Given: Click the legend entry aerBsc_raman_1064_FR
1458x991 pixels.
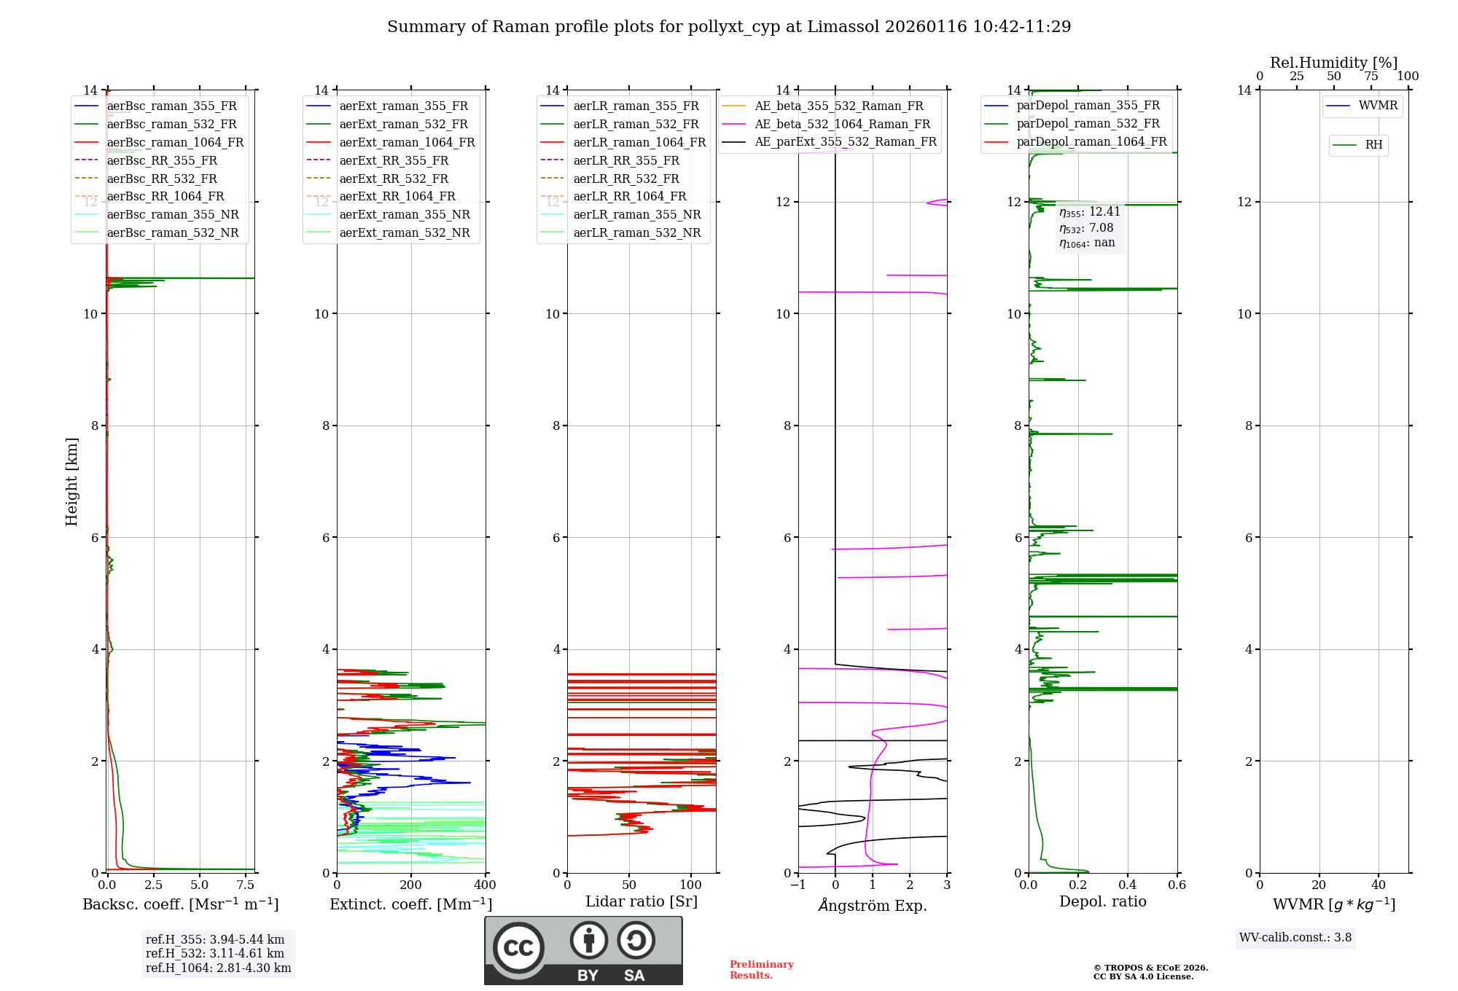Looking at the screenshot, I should coord(175,142).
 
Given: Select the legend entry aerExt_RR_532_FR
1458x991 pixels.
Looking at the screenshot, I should coord(393,179).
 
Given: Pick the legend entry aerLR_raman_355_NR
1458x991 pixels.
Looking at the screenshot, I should coord(636,214).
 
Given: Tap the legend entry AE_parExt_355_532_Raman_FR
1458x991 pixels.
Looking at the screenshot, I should coord(845,141).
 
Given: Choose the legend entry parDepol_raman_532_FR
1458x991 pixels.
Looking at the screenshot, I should coord(1088,124).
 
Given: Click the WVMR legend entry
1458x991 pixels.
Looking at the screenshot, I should coord(1378,106).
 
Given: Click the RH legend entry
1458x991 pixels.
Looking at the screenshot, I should coord(1373,145).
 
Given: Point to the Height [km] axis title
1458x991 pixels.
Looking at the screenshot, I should coord(71,481).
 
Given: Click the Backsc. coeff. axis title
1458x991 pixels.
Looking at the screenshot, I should coord(180,904).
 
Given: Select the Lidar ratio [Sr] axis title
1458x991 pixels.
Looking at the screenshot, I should coord(641,901).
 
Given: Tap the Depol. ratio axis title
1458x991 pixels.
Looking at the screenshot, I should coord(1102,901).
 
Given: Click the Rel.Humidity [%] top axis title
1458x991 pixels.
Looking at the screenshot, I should coord(1333,63).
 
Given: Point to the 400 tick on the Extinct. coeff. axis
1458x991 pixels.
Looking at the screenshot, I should coord(485,885).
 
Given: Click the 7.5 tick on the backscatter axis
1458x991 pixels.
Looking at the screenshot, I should coord(246,885).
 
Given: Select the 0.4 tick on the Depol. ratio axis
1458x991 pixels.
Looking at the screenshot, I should coord(1127,885).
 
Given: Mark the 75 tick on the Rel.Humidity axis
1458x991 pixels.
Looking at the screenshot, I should coord(1371,77).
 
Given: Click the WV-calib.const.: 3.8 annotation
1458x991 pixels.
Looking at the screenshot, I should coord(1295,938).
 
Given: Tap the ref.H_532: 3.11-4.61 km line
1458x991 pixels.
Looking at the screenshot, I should coord(214,953).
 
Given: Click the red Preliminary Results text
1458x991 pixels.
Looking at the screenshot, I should coord(761,970).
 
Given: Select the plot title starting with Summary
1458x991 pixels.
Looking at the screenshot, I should coord(729,27).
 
